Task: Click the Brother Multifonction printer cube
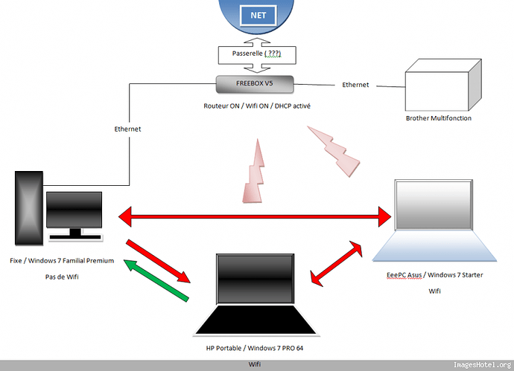click(x=439, y=88)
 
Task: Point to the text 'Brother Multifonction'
click(x=439, y=118)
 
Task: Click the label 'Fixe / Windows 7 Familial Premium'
click(x=62, y=261)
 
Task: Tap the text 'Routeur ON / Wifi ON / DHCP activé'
click(x=257, y=106)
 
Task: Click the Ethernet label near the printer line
click(x=355, y=86)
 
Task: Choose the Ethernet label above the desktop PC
click(x=128, y=129)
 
